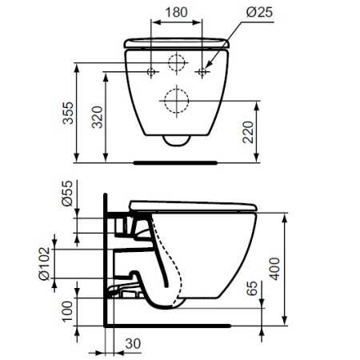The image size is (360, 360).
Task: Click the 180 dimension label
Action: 178,14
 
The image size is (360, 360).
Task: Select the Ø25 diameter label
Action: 243,14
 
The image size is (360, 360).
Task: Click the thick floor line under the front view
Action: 177,161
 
